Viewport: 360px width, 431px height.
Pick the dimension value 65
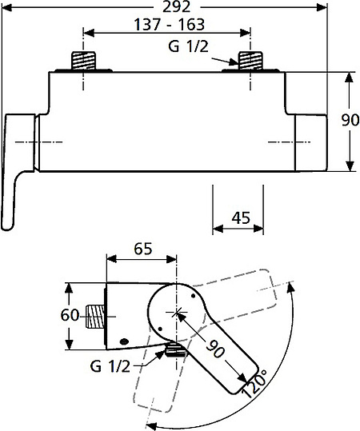[x=142, y=249]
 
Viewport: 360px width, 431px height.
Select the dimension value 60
[x=70, y=315]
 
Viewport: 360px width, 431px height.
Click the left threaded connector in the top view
[x=84, y=61]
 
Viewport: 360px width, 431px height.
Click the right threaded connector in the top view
[x=250, y=61]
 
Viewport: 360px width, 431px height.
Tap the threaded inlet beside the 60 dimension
[x=96, y=316]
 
